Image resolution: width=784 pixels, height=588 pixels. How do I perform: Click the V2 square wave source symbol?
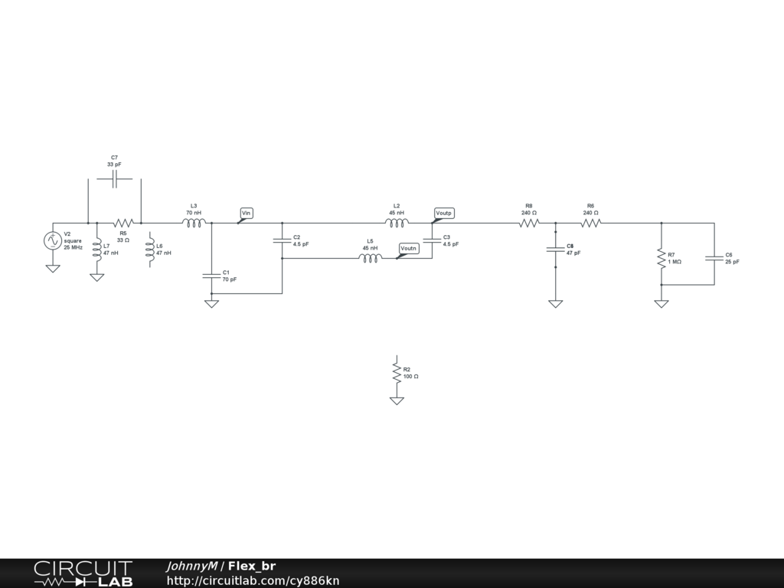pyautogui.click(x=53, y=240)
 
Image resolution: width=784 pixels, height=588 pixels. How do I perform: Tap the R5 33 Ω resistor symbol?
pyautogui.click(x=123, y=223)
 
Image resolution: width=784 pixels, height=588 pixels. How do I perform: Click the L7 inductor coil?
pyautogui.click(x=96, y=250)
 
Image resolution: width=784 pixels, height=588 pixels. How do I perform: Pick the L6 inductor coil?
pyautogui.click(x=149, y=250)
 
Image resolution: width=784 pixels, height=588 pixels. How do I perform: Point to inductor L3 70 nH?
pyautogui.click(x=194, y=223)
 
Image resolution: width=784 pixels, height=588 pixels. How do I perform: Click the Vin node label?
pyautogui.click(x=247, y=212)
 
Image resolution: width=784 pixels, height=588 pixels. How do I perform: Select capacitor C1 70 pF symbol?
pyautogui.click(x=211, y=276)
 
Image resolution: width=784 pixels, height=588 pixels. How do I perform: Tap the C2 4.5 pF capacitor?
pyautogui.click(x=283, y=240)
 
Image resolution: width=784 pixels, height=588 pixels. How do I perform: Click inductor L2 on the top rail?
pyautogui.click(x=397, y=223)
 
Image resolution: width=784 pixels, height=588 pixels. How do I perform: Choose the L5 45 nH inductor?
pyautogui.click(x=370, y=258)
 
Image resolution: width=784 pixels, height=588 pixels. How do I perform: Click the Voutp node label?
pyautogui.click(x=444, y=212)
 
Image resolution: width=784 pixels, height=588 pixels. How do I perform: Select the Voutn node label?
pyautogui.click(x=409, y=248)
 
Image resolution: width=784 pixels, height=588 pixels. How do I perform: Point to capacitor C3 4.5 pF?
pyautogui.click(x=433, y=240)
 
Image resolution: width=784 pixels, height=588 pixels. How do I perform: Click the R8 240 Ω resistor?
pyautogui.click(x=529, y=223)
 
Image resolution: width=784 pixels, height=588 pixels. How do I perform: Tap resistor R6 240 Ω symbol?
pyautogui.click(x=590, y=223)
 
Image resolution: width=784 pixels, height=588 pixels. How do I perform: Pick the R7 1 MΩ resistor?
pyautogui.click(x=661, y=258)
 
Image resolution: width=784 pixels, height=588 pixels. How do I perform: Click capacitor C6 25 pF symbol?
pyautogui.click(x=714, y=258)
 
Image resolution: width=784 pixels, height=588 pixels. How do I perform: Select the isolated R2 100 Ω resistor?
pyautogui.click(x=397, y=373)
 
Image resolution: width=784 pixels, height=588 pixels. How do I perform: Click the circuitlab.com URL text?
pyautogui.click(x=253, y=580)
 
